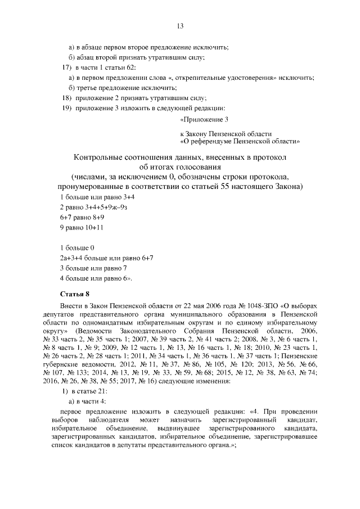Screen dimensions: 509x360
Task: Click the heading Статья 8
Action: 75,294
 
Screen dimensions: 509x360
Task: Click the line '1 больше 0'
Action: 76,247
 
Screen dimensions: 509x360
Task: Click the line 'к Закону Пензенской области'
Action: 226,134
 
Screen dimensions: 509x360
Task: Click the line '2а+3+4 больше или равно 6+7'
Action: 107,258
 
